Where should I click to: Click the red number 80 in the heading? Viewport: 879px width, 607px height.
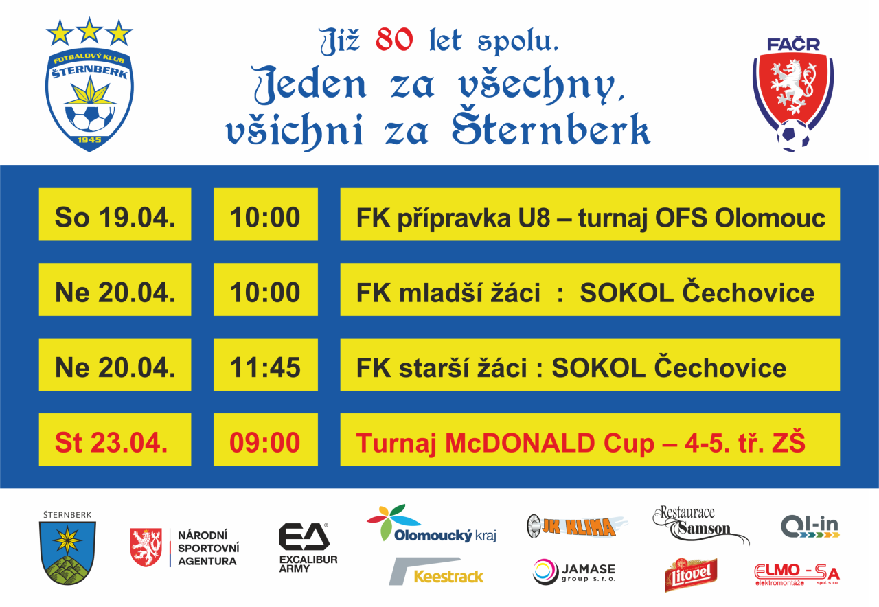(x=394, y=39)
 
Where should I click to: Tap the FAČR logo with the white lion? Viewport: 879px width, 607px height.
(x=793, y=94)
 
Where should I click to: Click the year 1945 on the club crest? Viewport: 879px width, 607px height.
(x=89, y=139)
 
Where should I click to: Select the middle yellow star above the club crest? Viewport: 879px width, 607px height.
(x=89, y=30)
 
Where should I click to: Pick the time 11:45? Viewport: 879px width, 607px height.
(x=265, y=367)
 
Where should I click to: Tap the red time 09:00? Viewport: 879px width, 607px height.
(x=265, y=443)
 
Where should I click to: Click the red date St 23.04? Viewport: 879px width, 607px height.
(x=111, y=443)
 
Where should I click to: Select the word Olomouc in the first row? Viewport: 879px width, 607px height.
(x=770, y=218)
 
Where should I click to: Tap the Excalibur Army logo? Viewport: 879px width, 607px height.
(x=308, y=547)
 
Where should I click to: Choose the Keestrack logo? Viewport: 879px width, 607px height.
(x=436, y=571)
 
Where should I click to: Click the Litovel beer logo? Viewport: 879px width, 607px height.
(x=691, y=575)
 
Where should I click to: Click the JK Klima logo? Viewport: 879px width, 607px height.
(x=576, y=526)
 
